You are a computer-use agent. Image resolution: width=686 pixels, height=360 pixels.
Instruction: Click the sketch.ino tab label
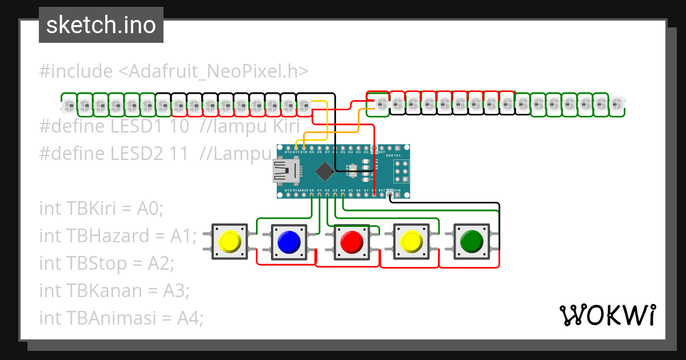(101, 25)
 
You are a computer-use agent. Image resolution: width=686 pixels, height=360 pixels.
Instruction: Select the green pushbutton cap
(472, 242)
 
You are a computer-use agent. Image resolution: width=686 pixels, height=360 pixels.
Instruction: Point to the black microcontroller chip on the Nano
(325, 170)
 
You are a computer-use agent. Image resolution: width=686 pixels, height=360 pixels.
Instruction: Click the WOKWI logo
(607, 315)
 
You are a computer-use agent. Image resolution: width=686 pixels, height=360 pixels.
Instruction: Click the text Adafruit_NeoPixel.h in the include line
(213, 71)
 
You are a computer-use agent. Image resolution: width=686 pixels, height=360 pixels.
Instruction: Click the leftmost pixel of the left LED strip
(69, 105)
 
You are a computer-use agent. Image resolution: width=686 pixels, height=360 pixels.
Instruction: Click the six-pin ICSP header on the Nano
(401, 170)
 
